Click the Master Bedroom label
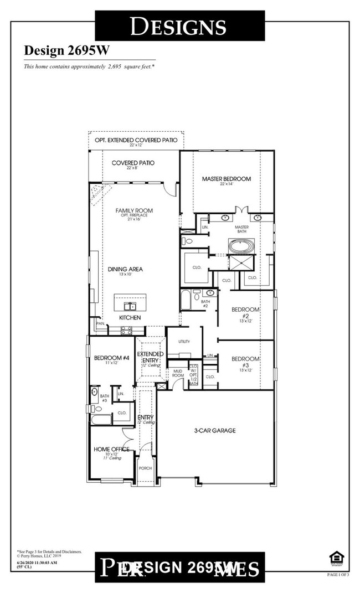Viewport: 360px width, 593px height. click(x=226, y=179)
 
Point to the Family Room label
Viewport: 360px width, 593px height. click(x=133, y=211)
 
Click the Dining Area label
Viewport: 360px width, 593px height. click(x=125, y=270)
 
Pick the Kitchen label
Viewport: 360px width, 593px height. click(x=130, y=318)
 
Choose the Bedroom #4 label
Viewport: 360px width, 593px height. click(x=111, y=358)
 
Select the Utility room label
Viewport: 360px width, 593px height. click(x=184, y=342)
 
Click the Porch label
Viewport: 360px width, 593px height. click(x=145, y=468)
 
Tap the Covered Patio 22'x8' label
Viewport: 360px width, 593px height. click(x=133, y=163)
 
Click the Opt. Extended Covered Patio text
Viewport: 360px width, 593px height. click(x=136, y=141)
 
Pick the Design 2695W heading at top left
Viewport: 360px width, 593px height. click(x=67, y=50)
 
